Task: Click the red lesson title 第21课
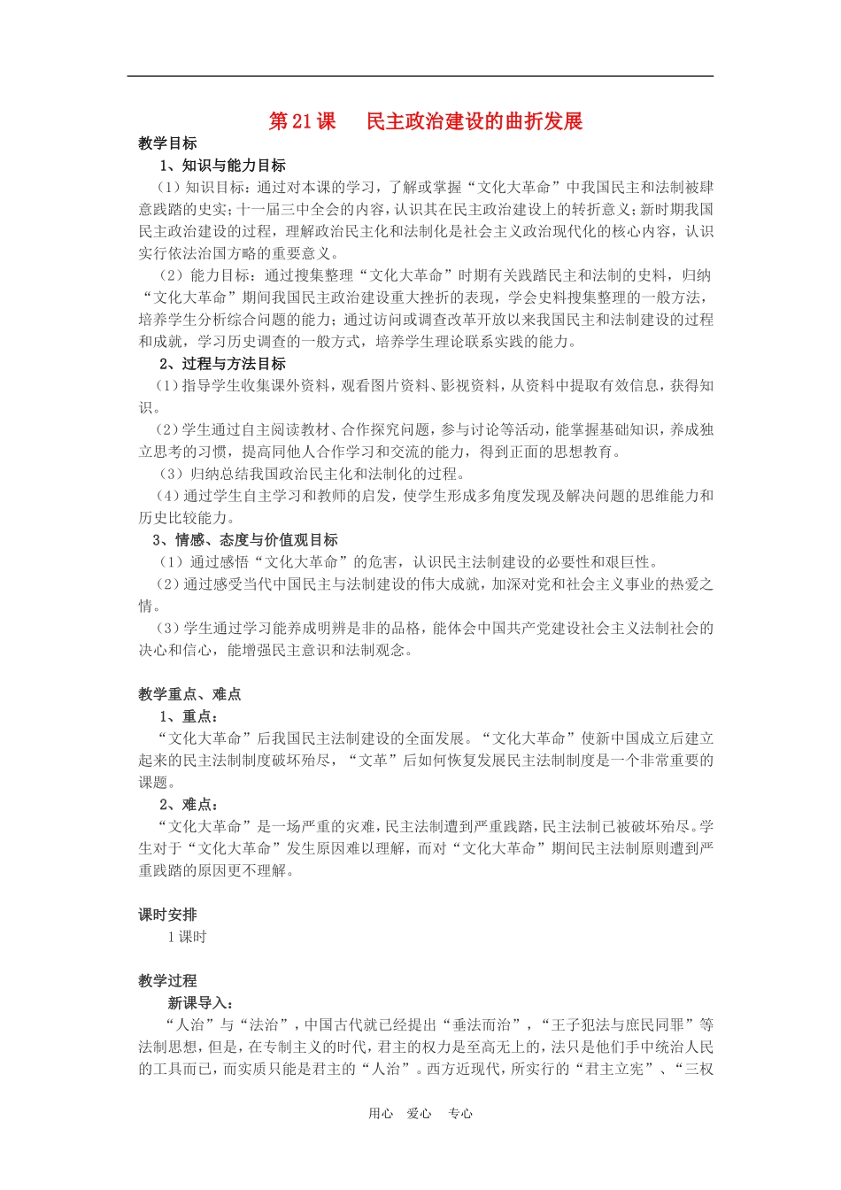click(x=302, y=121)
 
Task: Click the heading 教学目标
click(x=167, y=143)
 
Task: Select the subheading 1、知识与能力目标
click(x=222, y=166)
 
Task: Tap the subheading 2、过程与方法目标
click(x=222, y=364)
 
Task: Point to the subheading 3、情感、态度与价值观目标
click(x=245, y=540)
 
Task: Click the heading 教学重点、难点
click(x=189, y=694)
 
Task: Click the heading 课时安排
click(x=167, y=915)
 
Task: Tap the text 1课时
click(x=187, y=937)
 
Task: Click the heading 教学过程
click(x=167, y=981)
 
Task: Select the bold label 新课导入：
click(x=201, y=1003)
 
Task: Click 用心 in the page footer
click(x=381, y=1114)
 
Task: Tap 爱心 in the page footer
click(x=420, y=1114)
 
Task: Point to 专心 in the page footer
click(x=460, y=1114)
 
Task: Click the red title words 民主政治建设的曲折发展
click(x=475, y=121)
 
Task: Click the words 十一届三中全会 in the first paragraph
click(x=289, y=210)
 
